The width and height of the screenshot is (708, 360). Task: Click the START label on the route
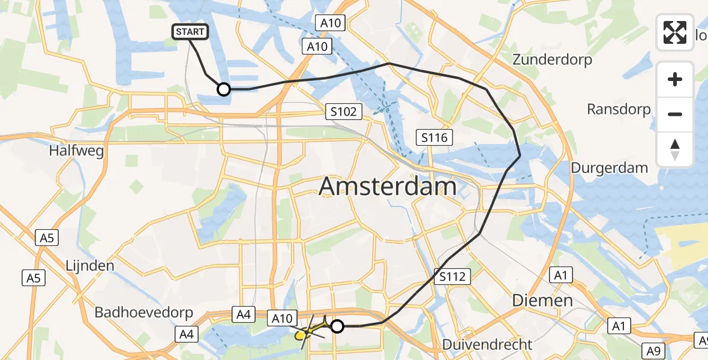pyautogui.click(x=190, y=32)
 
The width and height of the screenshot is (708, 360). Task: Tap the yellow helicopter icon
pyautogui.click(x=307, y=333)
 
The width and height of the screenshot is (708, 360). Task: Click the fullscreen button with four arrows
pyautogui.click(x=675, y=32)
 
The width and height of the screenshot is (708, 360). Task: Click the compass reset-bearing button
pyautogui.click(x=675, y=149)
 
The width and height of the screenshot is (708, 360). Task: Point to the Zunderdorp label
pyautogui.click(x=552, y=60)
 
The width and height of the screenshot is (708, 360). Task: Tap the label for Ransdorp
pyautogui.click(x=619, y=109)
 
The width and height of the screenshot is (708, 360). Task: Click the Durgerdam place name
pyautogui.click(x=609, y=168)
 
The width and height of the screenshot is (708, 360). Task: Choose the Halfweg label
pyautogui.click(x=77, y=151)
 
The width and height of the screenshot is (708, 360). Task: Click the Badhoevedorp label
pyautogui.click(x=144, y=313)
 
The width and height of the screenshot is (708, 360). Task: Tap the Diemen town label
pyautogui.click(x=542, y=301)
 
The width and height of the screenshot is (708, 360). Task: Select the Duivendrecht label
pyautogui.click(x=487, y=344)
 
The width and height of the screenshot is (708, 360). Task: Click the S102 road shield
pyautogui.click(x=344, y=112)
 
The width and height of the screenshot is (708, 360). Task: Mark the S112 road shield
pyautogui.click(x=451, y=277)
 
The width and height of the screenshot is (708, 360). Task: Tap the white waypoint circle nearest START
pyautogui.click(x=223, y=89)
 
